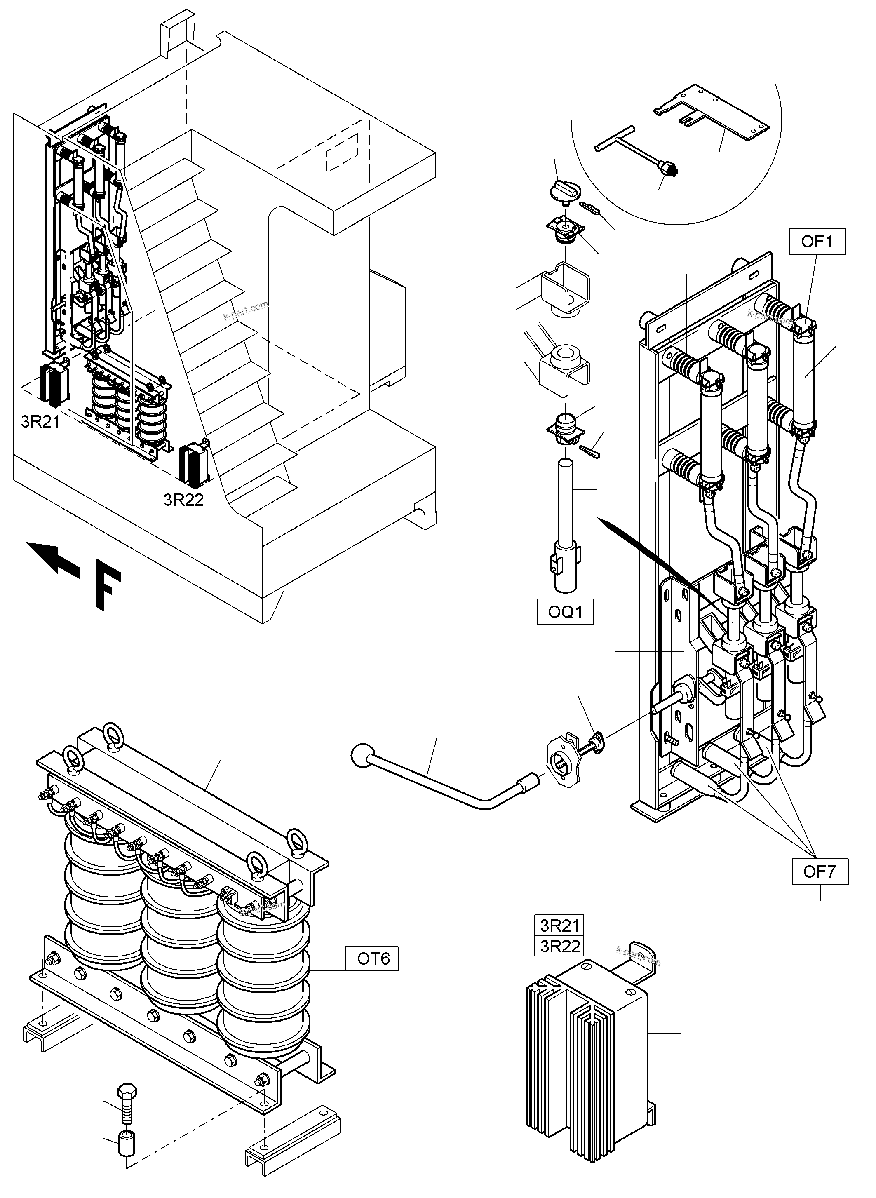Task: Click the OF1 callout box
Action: (817, 242)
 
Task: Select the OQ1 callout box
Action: (565, 612)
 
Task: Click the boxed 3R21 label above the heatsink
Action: (559, 926)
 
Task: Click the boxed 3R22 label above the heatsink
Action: (559, 946)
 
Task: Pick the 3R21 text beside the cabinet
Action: (40, 422)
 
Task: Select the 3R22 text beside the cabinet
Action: (183, 500)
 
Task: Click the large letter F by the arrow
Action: (108, 590)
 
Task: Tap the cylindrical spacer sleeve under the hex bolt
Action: (126, 1143)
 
